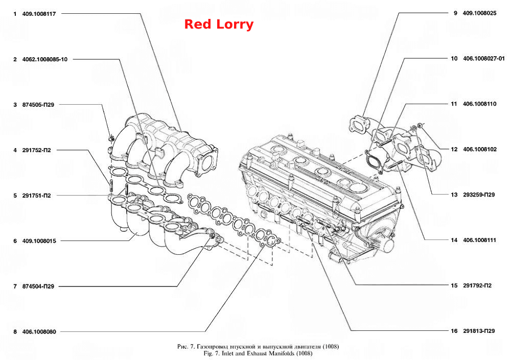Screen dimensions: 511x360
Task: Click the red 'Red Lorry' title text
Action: (x=219, y=25)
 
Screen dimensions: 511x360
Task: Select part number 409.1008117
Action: (x=39, y=14)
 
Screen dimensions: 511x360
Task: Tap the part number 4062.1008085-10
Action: (x=44, y=59)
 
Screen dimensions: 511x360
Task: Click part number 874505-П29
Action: (x=38, y=105)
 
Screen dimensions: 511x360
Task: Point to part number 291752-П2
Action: (x=36, y=150)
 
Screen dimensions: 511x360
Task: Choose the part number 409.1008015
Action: (x=39, y=241)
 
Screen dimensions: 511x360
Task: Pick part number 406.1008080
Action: (x=39, y=331)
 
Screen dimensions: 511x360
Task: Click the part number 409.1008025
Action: (x=479, y=13)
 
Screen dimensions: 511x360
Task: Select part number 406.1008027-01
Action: (x=483, y=59)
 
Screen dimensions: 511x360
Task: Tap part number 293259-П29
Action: (x=479, y=195)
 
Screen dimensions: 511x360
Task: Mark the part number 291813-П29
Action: (x=479, y=331)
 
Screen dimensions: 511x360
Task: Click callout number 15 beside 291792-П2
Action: (x=454, y=286)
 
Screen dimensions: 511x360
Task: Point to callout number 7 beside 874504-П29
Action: (x=15, y=286)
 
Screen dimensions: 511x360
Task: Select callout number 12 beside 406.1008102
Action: (x=454, y=150)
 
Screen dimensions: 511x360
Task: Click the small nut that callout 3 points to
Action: (x=111, y=138)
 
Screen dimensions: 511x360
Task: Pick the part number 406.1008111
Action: (x=479, y=240)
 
